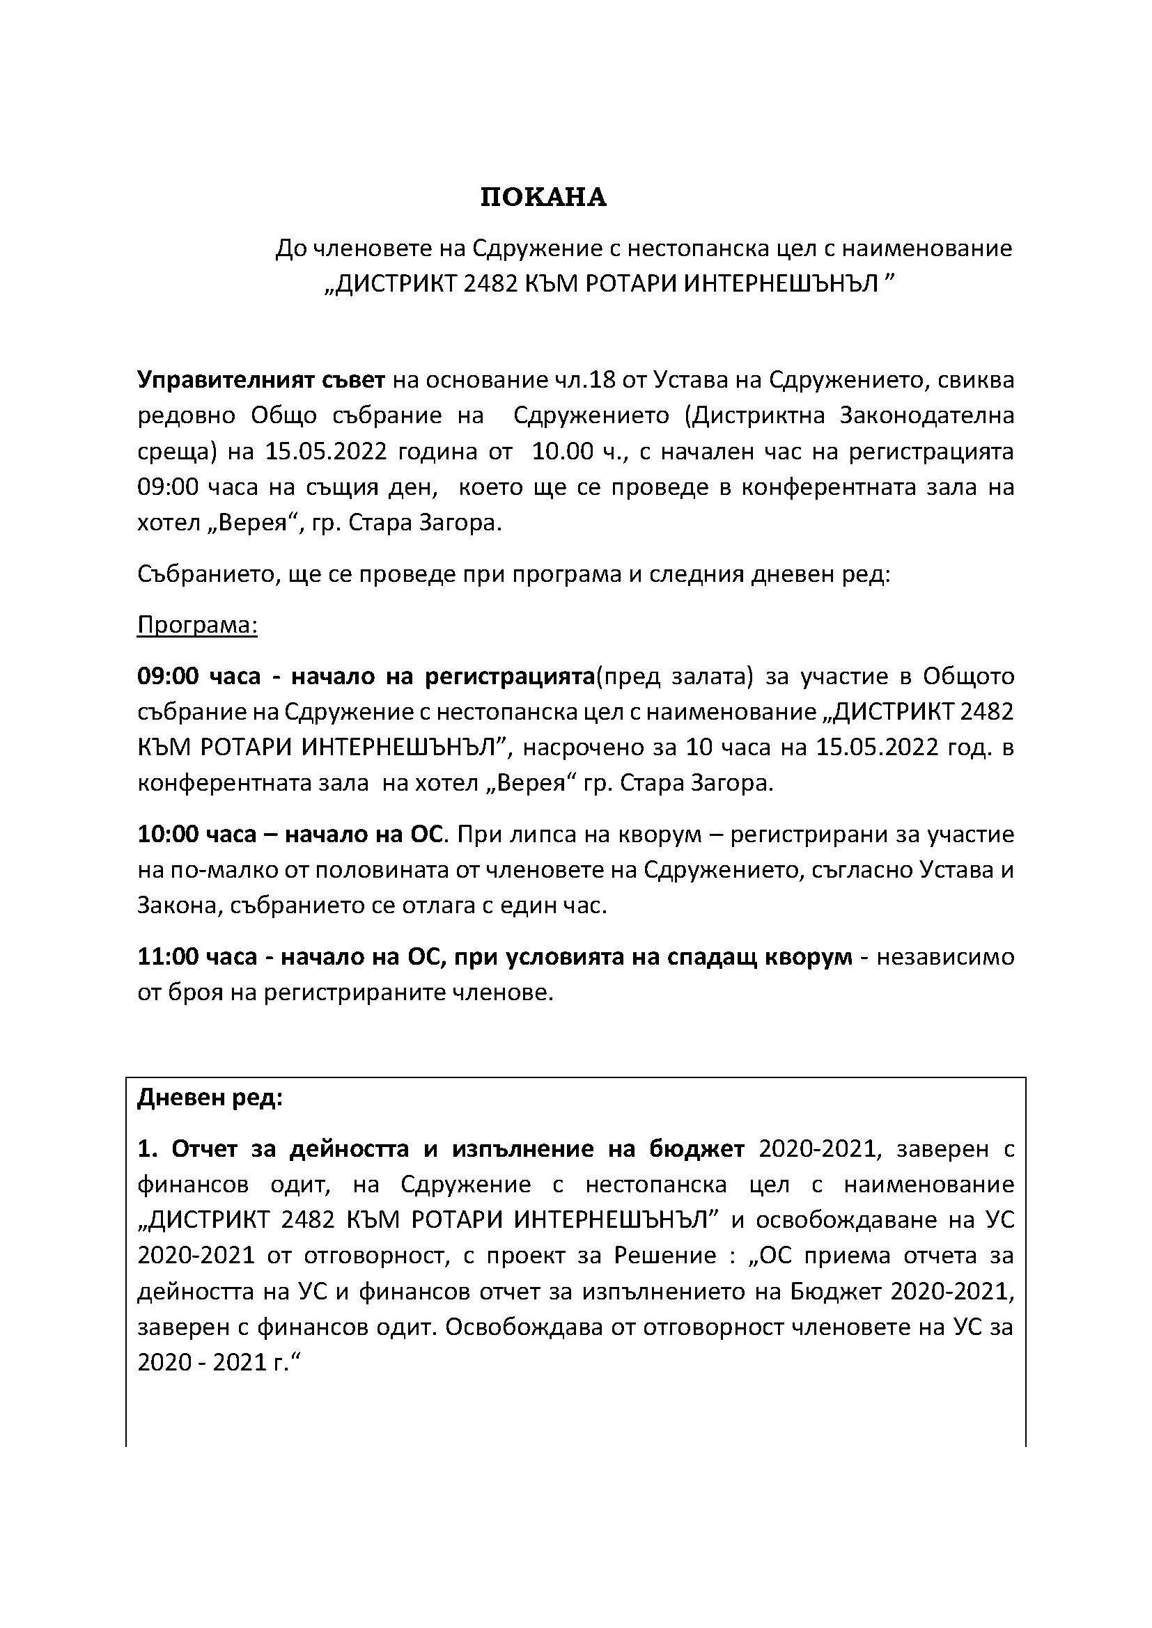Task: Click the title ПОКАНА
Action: point(543,198)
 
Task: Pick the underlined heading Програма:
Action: point(197,626)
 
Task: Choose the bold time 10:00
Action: point(168,834)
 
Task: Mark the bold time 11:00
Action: point(168,957)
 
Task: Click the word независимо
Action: point(947,957)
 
